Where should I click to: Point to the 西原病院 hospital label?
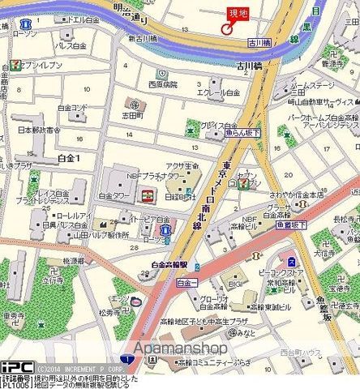point(163,83)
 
